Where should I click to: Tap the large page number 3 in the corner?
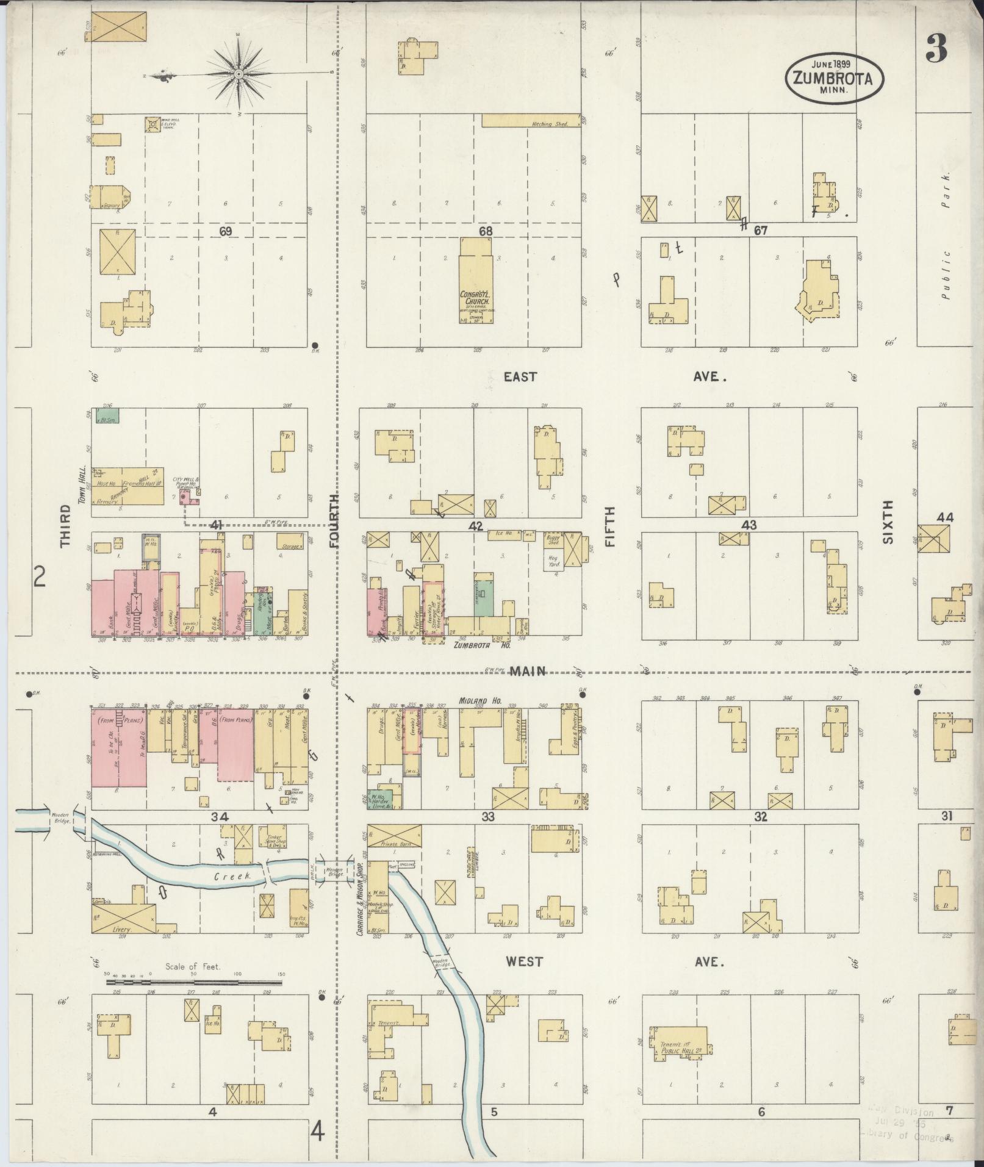coord(936,49)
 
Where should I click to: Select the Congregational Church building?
coord(476,287)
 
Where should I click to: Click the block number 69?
coord(226,232)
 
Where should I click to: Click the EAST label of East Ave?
coord(520,377)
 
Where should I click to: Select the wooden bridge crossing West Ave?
coord(440,963)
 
